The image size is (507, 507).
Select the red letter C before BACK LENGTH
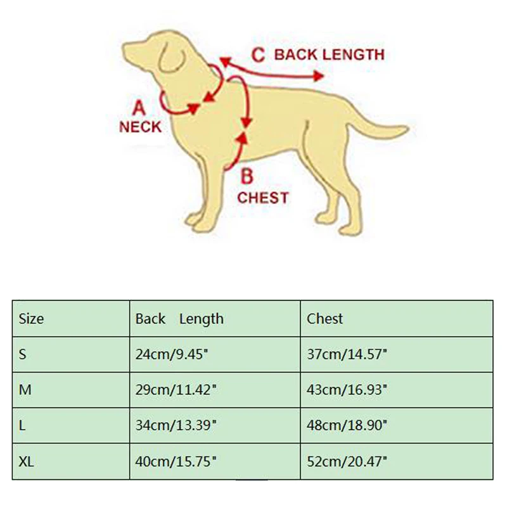(x=257, y=55)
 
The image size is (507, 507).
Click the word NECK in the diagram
(x=140, y=127)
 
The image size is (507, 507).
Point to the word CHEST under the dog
(x=263, y=198)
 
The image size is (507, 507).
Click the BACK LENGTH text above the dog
(x=329, y=55)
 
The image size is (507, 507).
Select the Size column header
(x=32, y=318)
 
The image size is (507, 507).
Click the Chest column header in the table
(x=324, y=318)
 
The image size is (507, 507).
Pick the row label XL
(x=26, y=462)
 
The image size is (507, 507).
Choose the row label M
(x=25, y=390)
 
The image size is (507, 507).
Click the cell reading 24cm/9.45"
(x=172, y=354)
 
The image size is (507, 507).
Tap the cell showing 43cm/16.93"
(x=346, y=390)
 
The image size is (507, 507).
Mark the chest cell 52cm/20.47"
(x=346, y=462)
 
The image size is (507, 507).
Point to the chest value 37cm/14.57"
(x=346, y=354)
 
